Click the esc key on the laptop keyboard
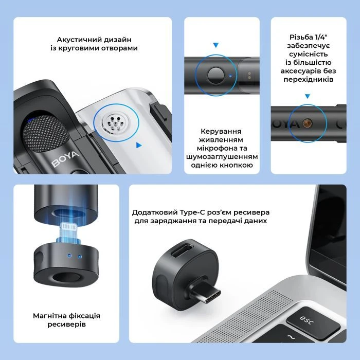(313, 322)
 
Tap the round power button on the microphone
(215, 75)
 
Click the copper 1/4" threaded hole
(307, 123)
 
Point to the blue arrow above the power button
(215, 45)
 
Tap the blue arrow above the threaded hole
(308, 96)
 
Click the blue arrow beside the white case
(139, 145)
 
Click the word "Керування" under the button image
(221, 131)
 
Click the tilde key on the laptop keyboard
(292, 337)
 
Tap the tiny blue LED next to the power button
(230, 75)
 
